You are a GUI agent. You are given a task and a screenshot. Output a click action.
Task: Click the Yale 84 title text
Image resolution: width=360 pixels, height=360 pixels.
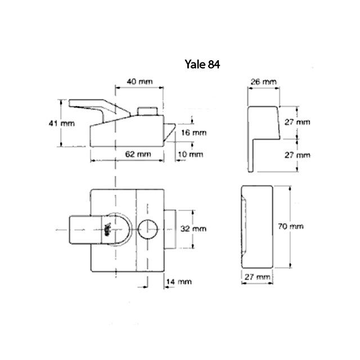click(x=201, y=64)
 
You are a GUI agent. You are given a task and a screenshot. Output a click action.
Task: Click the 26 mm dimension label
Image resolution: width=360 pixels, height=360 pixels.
click(x=264, y=82)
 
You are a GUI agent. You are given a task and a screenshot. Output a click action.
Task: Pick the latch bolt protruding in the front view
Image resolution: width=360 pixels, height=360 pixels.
click(x=170, y=229)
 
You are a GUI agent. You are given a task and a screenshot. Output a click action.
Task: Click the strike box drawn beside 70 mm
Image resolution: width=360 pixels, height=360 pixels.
click(x=255, y=227)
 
